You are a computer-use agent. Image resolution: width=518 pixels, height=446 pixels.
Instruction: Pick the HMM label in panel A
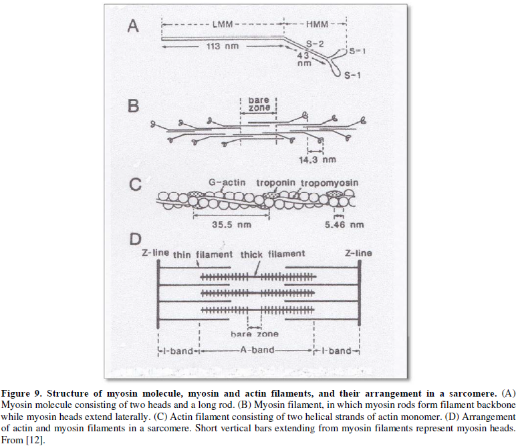[x=316, y=23]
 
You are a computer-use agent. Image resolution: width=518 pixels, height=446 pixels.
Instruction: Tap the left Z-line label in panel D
[x=154, y=254]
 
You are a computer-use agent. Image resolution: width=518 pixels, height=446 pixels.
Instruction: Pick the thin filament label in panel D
[x=203, y=254]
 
